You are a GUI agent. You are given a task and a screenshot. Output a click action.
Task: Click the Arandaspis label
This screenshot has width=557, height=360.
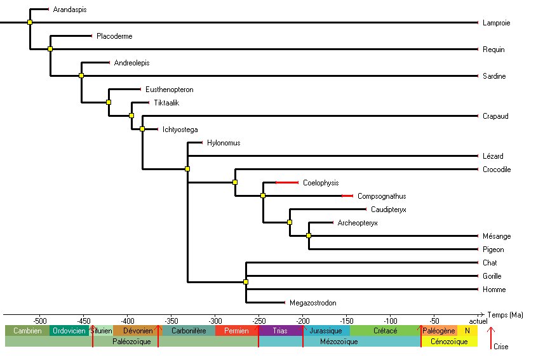pyautogui.click(x=70, y=10)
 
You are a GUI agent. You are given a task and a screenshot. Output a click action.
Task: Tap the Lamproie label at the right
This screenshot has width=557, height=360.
pyautogui.click(x=497, y=23)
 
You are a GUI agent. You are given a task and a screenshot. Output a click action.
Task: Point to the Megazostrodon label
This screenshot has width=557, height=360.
pyautogui.click(x=312, y=303)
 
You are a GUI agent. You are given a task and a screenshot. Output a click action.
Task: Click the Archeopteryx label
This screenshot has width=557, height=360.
pyautogui.click(x=358, y=223)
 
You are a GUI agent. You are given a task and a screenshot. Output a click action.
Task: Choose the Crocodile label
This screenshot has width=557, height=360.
pyautogui.click(x=497, y=170)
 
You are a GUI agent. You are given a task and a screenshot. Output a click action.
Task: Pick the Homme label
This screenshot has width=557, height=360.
pyautogui.click(x=494, y=290)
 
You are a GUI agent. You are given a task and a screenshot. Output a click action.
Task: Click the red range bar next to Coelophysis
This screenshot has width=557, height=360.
pyautogui.click(x=286, y=183)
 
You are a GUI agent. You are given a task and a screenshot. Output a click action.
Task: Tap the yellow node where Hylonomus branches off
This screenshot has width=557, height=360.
pyautogui.click(x=187, y=169)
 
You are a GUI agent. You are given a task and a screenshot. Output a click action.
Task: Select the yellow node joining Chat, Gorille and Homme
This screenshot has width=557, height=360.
pyautogui.click(x=246, y=282)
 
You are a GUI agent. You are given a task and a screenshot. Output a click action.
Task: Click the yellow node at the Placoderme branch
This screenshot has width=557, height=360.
pyautogui.click(x=50, y=49)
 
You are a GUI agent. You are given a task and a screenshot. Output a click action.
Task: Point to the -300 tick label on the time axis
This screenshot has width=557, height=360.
pyautogui.click(x=215, y=321)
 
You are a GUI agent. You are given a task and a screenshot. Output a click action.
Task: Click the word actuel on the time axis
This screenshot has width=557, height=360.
pyautogui.click(x=478, y=321)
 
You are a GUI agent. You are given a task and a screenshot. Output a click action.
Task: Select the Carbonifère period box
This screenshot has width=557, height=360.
pyautogui.click(x=187, y=331)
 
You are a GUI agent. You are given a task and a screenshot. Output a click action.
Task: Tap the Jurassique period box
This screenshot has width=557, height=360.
pyautogui.click(x=326, y=331)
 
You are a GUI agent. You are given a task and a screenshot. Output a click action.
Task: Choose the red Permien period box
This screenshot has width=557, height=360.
pyautogui.click(x=236, y=331)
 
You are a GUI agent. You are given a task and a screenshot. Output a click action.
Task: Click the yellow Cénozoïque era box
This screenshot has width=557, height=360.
pyautogui.click(x=449, y=342)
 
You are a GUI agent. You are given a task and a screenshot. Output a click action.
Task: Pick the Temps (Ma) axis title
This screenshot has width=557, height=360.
pyautogui.click(x=506, y=315)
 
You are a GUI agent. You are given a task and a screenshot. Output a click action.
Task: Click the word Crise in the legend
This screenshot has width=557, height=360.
pyautogui.click(x=500, y=347)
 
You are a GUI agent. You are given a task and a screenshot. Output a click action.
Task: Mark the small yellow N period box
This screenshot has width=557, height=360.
pyautogui.click(x=467, y=331)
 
